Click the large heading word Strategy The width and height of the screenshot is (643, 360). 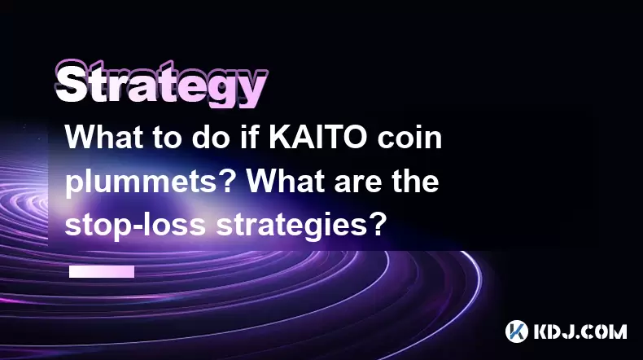[161, 84]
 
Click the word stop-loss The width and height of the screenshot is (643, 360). [135, 225]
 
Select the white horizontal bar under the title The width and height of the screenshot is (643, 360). [102, 272]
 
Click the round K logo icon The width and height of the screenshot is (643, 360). [517, 331]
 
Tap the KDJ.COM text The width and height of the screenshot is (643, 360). [580, 331]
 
